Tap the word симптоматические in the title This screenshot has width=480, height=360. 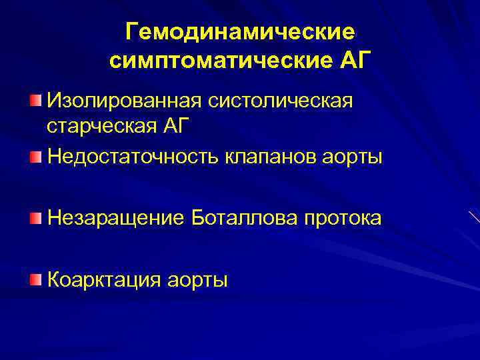[218, 61]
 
